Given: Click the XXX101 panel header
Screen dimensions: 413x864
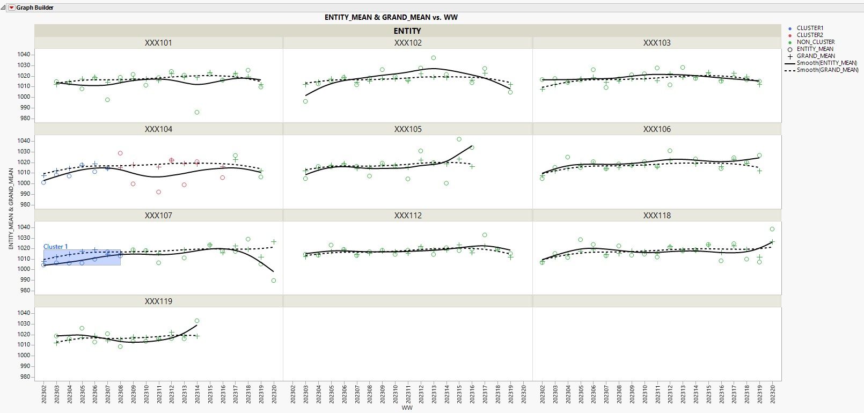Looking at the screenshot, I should coord(158,43).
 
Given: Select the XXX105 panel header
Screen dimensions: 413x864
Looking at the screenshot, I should coord(408,129).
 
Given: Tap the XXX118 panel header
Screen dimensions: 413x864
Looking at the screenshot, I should coord(657,216).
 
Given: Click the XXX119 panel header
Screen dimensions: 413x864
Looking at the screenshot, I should coord(158,301).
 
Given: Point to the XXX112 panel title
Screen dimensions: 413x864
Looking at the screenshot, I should coord(408,216).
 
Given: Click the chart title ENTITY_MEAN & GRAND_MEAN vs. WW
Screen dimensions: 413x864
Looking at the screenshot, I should coord(391,17).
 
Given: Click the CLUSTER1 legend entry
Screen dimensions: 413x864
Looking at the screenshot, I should coord(809,28).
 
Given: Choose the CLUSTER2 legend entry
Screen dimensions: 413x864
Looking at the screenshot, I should coord(809,35).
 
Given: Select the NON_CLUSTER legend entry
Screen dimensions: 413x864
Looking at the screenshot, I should coord(815,42).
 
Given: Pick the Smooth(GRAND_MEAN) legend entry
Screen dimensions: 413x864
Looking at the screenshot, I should coord(827,70).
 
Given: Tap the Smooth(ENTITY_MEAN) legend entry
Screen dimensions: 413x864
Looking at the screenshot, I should coord(826,63).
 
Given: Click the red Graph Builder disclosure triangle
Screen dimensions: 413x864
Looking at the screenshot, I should coord(11,8).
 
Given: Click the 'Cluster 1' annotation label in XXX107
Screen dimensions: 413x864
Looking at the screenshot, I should coord(56,247).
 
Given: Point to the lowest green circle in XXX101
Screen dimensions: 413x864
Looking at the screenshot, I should coord(197,113).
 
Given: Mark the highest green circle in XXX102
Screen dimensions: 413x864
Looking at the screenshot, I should coord(434,58).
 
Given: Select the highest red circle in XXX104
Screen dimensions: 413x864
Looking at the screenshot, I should coord(120,153).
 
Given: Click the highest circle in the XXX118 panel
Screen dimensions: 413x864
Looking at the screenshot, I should coord(772,230).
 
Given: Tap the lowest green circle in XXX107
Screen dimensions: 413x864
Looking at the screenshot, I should coord(274,281).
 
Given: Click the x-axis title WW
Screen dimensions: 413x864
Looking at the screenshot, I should coord(407,408).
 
